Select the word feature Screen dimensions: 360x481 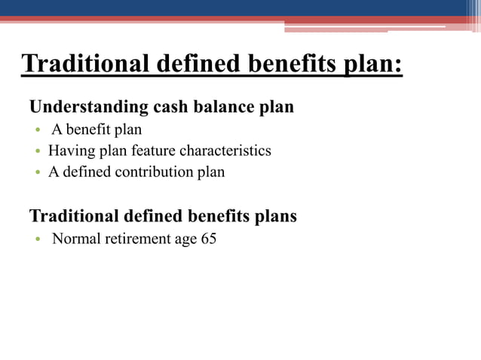click(154, 151)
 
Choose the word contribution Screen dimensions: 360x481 click(150, 172)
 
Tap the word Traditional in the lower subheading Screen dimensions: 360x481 click(72, 217)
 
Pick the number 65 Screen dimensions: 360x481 click(209, 241)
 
